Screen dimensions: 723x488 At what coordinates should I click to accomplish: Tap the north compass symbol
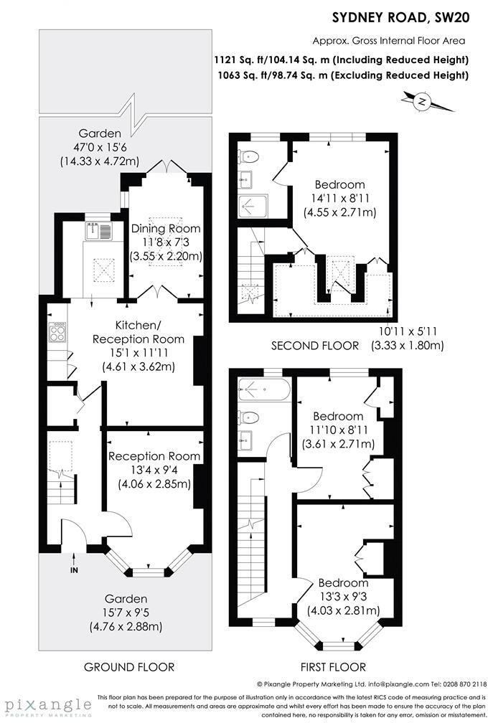(x=422, y=103)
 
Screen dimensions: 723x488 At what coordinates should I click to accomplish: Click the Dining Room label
(x=165, y=229)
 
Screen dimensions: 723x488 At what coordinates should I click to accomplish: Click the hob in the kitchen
(x=57, y=332)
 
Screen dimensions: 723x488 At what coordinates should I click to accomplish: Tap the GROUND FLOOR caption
(x=129, y=667)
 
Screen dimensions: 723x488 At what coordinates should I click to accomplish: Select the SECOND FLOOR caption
(x=314, y=346)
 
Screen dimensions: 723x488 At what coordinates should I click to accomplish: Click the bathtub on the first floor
(x=264, y=390)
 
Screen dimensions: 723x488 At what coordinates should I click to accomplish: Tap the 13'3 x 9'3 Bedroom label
(x=343, y=597)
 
